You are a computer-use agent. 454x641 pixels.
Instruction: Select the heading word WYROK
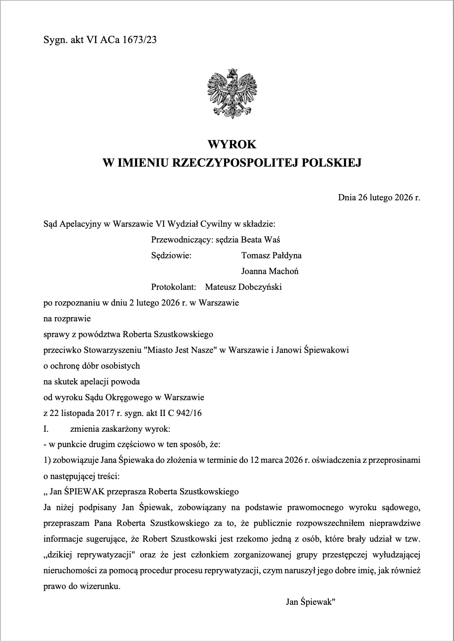point(232,144)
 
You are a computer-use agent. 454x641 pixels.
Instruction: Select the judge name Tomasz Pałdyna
point(271,255)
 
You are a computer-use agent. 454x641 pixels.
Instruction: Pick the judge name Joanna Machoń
point(270,271)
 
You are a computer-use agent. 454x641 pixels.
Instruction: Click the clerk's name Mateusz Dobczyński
point(243,287)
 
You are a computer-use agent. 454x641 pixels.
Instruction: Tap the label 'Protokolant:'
point(173,287)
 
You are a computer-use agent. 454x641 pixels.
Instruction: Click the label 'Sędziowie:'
point(171,255)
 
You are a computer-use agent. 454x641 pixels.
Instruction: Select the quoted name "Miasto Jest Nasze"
point(181,350)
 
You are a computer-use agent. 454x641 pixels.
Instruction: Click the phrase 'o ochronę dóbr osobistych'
point(92,366)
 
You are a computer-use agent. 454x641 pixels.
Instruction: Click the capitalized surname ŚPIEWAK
point(84,492)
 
